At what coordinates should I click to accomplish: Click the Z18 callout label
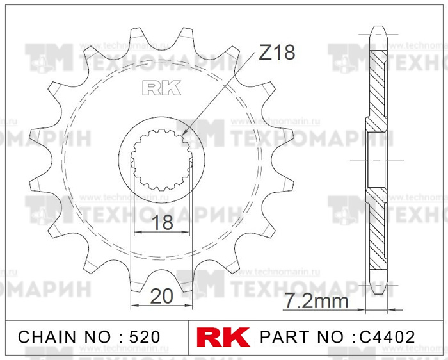point(276,53)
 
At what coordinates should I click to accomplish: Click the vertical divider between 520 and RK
point(190,337)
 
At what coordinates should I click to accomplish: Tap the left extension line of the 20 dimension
point(131,256)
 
